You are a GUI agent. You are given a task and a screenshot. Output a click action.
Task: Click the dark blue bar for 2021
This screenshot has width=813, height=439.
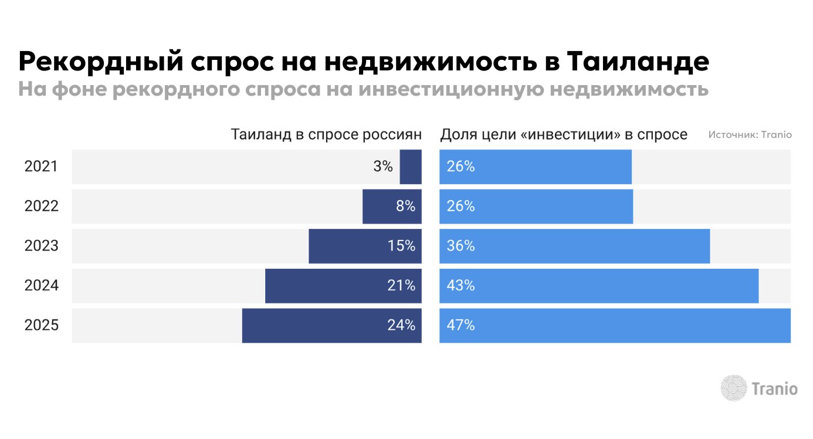tap(411, 167)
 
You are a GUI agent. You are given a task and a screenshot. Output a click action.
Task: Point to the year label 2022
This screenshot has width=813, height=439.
tap(41, 207)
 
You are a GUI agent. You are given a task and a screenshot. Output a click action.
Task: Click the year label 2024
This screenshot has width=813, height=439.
tap(41, 286)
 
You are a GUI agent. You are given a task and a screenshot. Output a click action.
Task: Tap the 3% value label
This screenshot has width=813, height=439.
tap(383, 167)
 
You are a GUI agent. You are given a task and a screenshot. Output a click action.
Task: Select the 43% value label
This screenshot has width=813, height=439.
tap(460, 286)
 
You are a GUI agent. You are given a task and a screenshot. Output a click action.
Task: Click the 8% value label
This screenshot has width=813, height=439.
tap(405, 207)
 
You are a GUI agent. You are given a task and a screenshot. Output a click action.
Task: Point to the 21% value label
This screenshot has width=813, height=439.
tap(401, 286)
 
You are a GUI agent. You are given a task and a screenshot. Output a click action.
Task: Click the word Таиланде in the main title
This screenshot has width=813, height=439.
tap(638, 62)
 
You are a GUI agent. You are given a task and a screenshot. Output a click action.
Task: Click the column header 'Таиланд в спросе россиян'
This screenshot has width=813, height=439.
tap(326, 134)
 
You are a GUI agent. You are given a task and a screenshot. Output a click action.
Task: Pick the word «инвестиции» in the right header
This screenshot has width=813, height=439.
tap(570, 134)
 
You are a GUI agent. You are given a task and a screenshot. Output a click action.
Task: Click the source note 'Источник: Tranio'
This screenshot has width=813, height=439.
tap(750, 135)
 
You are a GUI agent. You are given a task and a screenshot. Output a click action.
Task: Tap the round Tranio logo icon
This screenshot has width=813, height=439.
tap(733, 388)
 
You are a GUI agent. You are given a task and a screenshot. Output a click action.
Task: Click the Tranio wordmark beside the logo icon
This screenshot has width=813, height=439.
tap(774, 389)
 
